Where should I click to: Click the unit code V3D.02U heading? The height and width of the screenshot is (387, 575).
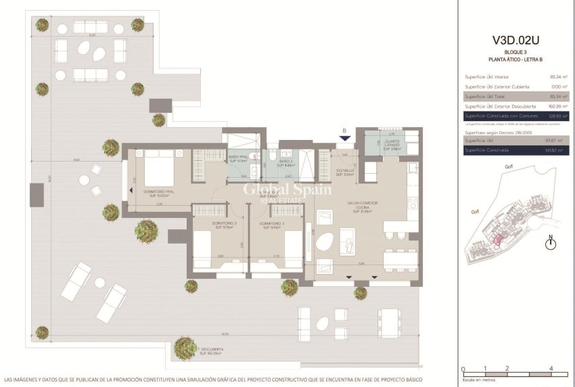518,40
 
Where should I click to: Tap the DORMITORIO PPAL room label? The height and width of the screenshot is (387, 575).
159,191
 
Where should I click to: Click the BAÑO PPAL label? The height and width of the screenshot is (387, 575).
239,160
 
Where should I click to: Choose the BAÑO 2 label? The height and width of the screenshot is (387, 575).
285,163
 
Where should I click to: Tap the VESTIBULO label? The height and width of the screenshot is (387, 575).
346,173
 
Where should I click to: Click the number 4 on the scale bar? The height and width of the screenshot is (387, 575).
553,369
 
